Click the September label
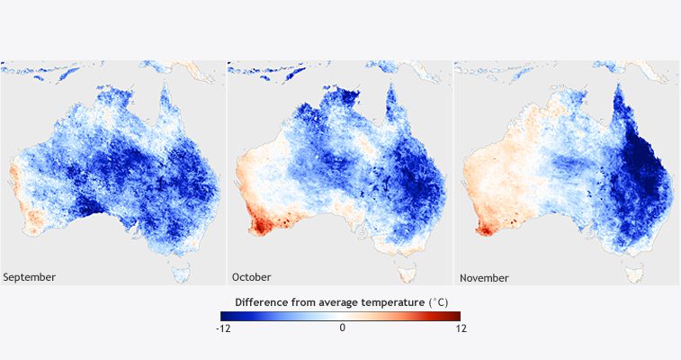pos(30,277)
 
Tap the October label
pos(252,277)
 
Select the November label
pos(484,277)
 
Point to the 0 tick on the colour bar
pos(342,328)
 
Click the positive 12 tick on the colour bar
pos(461,328)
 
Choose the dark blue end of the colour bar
pos(225,316)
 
